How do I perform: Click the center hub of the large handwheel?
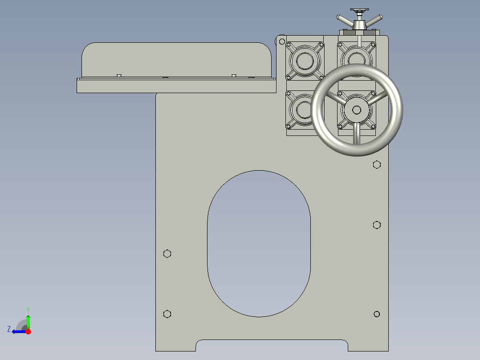(x=357, y=110)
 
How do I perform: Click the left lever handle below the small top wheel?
(x=345, y=20)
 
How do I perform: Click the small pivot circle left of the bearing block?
(x=282, y=41)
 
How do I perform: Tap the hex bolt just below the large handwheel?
(x=377, y=165)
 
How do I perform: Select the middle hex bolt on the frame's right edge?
(x=377, y=225)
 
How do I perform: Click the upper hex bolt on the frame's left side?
(x=167, y=254)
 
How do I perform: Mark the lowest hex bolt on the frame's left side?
(x=167, y=314)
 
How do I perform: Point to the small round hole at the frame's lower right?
(x=377, y=314)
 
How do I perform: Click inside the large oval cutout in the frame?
(x=259, y=244)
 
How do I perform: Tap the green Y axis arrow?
(x=28, y=320)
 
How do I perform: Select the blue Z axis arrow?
(x=18, y=331)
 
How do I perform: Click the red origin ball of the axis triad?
(x=28, y=331)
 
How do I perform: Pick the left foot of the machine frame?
(x=175, y=345)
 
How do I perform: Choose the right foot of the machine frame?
(x=368, y=345)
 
